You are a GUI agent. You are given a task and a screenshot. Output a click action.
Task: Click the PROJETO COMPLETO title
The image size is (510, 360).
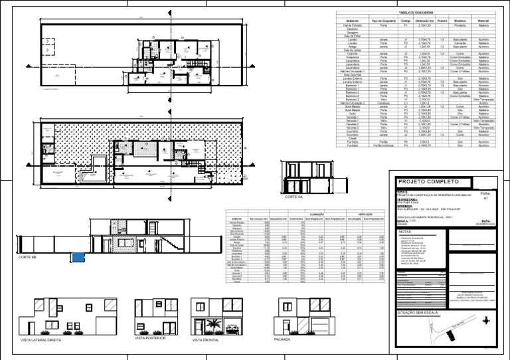pyautogui.click(x=423, y=181)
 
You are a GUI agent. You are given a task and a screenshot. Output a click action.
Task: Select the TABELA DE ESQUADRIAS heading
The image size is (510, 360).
pyautogui.click(x=416, y=13)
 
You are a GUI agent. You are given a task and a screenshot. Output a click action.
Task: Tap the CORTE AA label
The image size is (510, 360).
pyautogui.click(x=294, y=197)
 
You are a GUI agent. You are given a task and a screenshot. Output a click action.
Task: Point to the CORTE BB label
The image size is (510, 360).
pyautogui.click(x=28, y=256)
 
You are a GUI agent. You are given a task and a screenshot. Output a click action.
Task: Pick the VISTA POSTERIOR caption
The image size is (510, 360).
pyautogui.click(x=149, y=337)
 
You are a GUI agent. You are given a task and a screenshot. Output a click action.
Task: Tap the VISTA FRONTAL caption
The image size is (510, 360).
pyautogui.click(x=205, y=339)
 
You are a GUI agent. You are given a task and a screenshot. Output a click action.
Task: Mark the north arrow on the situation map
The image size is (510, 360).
pyautogui.click(x=486, y=320)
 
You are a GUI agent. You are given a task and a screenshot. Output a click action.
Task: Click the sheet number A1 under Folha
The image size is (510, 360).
pyautogui.click(x=485, y=198)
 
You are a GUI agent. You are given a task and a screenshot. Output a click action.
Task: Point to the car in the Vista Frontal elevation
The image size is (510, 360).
pyautogui.click(x=233, y=328)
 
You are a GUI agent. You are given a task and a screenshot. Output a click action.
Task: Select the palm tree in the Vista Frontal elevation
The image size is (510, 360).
pyautogui.click(x=214, y=324)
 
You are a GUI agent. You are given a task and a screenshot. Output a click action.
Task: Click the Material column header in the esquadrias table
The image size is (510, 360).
pyautogui.click(x=483, y=21)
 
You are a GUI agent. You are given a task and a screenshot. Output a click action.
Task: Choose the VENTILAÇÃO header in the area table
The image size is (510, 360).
pyautogui.click(x=365, y=215)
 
